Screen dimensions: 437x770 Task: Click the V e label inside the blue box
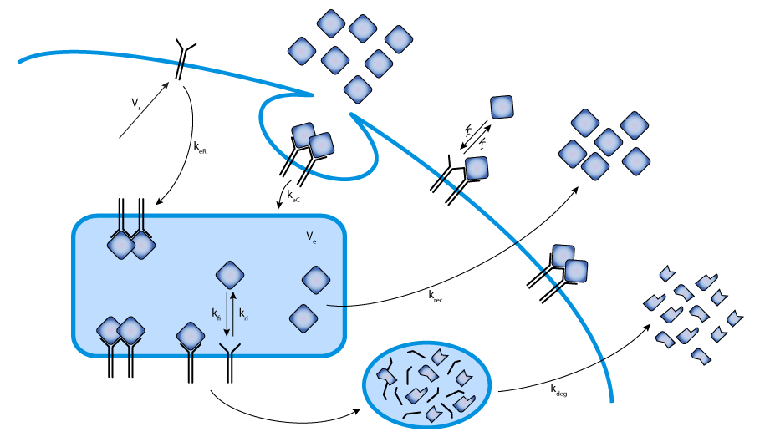(x=311, y=238)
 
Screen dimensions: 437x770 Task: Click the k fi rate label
(x=216, y=314)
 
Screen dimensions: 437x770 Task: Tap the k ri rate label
(x=243, y=314)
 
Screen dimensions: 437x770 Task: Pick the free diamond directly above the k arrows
(x=230, y=275)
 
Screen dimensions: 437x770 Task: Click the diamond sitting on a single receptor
(x=191, y=336)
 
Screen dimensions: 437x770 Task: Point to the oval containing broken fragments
(x=426, y=384)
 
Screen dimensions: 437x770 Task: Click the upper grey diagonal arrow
(x=144, y=109)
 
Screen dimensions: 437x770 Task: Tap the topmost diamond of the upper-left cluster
(x=331, y=23)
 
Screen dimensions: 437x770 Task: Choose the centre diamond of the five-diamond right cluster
(x=608, y=142)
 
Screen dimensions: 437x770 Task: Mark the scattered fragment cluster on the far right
(x=692, y=315)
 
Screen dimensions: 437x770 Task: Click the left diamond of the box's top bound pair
(x=121, y=245)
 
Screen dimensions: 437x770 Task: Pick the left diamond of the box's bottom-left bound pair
(x=110, y=331)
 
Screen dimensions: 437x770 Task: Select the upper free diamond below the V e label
(x=316, y=280)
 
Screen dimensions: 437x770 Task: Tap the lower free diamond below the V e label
(x=303, y=318)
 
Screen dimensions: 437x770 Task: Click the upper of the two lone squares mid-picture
(x=502, y=107)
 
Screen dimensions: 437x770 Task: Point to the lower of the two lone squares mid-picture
(x=477, y=168)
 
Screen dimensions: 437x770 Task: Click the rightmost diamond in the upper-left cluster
(x=399, y=39)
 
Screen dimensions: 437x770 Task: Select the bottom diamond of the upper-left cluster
(x=358, y=89)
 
